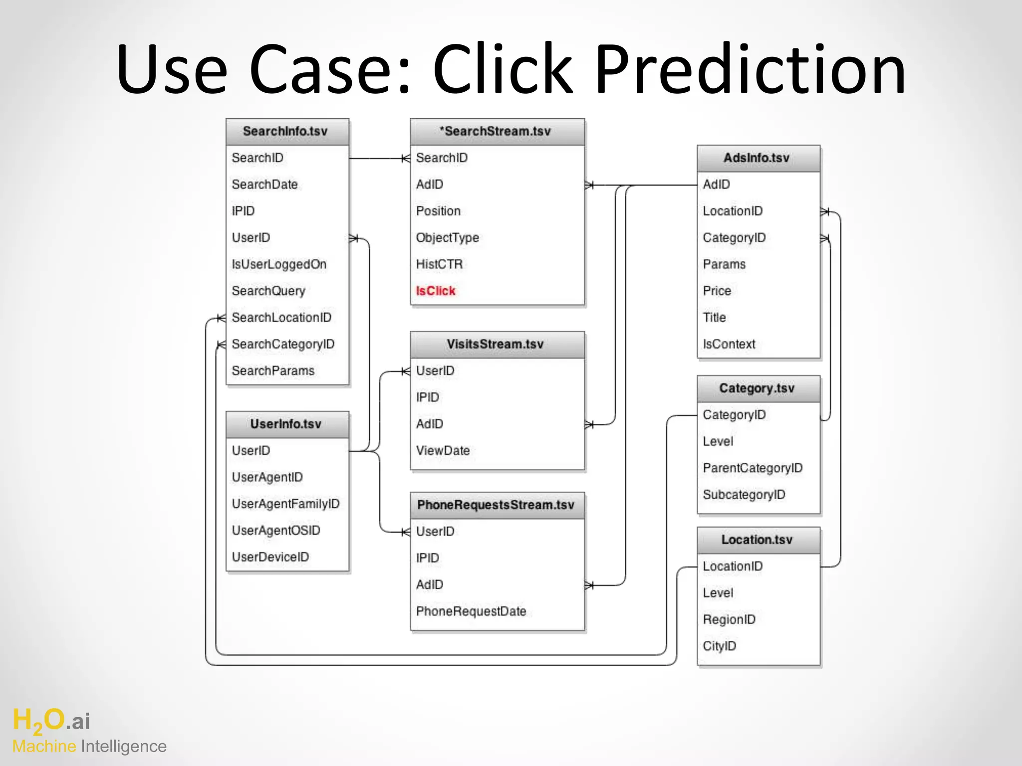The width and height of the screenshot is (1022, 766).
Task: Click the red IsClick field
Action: [x=436, y=291]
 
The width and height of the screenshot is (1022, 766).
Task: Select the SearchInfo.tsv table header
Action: [x=285, y=131]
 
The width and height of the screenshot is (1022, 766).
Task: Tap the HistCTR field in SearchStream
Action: [x=439, y=264]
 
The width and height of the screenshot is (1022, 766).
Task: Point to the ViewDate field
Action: [x=443, y=450]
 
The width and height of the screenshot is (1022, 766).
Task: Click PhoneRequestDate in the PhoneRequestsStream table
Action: [x=471, y=611]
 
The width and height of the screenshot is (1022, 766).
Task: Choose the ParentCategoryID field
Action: [x=752, y=468]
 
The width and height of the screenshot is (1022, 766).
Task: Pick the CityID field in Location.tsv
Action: [x=719, y=646]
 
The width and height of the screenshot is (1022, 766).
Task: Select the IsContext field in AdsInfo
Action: [x=729, y=344]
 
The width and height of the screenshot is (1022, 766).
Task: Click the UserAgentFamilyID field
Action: [x=285, y=504]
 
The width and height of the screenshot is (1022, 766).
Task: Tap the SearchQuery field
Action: [x=268, y=291]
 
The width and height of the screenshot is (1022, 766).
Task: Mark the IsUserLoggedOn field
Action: [x=279, y=264]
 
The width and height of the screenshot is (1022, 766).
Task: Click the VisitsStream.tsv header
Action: [x=495, y=344]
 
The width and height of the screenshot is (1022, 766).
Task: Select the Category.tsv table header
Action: [x=757, y=388]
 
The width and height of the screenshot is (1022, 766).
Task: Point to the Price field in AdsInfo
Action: [x=717, y=291]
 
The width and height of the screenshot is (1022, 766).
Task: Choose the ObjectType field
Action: [x=447, y=238]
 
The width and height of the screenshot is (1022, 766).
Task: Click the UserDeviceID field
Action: [x=270, y=557]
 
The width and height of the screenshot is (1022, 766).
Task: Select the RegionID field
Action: [x=729, y=619]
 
